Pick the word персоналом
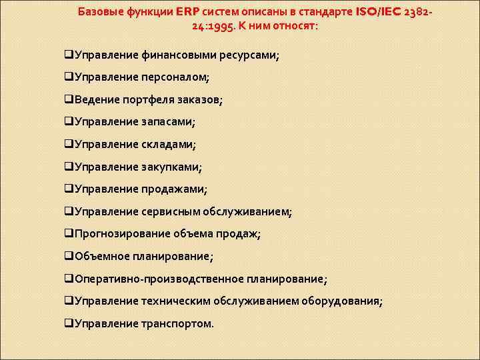175,77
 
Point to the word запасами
168,122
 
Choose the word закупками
171,167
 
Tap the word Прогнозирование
117,234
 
